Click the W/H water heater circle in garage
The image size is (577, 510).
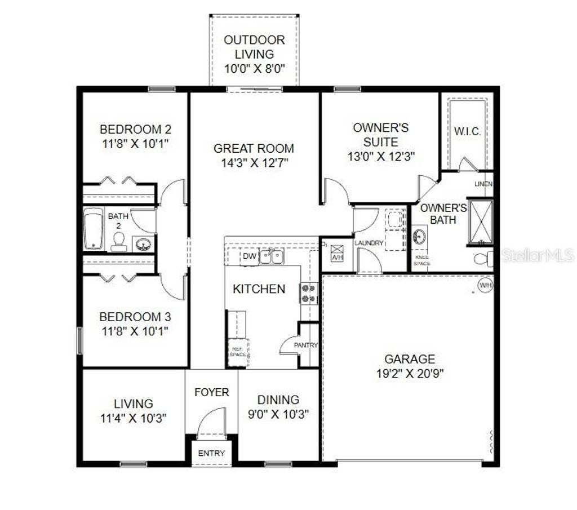tap(485, 285)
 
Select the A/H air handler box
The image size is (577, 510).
tap(337, 252)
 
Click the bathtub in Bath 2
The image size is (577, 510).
tap(94, 229)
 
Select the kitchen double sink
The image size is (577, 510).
tap(272, 257)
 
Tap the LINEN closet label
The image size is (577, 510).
tap(483, 184)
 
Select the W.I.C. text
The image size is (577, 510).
tap(467, 131)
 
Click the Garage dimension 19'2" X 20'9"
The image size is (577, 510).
tap(410, 373)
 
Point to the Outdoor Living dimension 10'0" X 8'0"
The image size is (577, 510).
tap(254, 68)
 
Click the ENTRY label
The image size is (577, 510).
tap(211, 453)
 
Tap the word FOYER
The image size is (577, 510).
tap(211, 392)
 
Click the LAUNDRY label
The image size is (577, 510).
tap(369, 243)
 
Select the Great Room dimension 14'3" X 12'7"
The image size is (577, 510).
tap(254, 163)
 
